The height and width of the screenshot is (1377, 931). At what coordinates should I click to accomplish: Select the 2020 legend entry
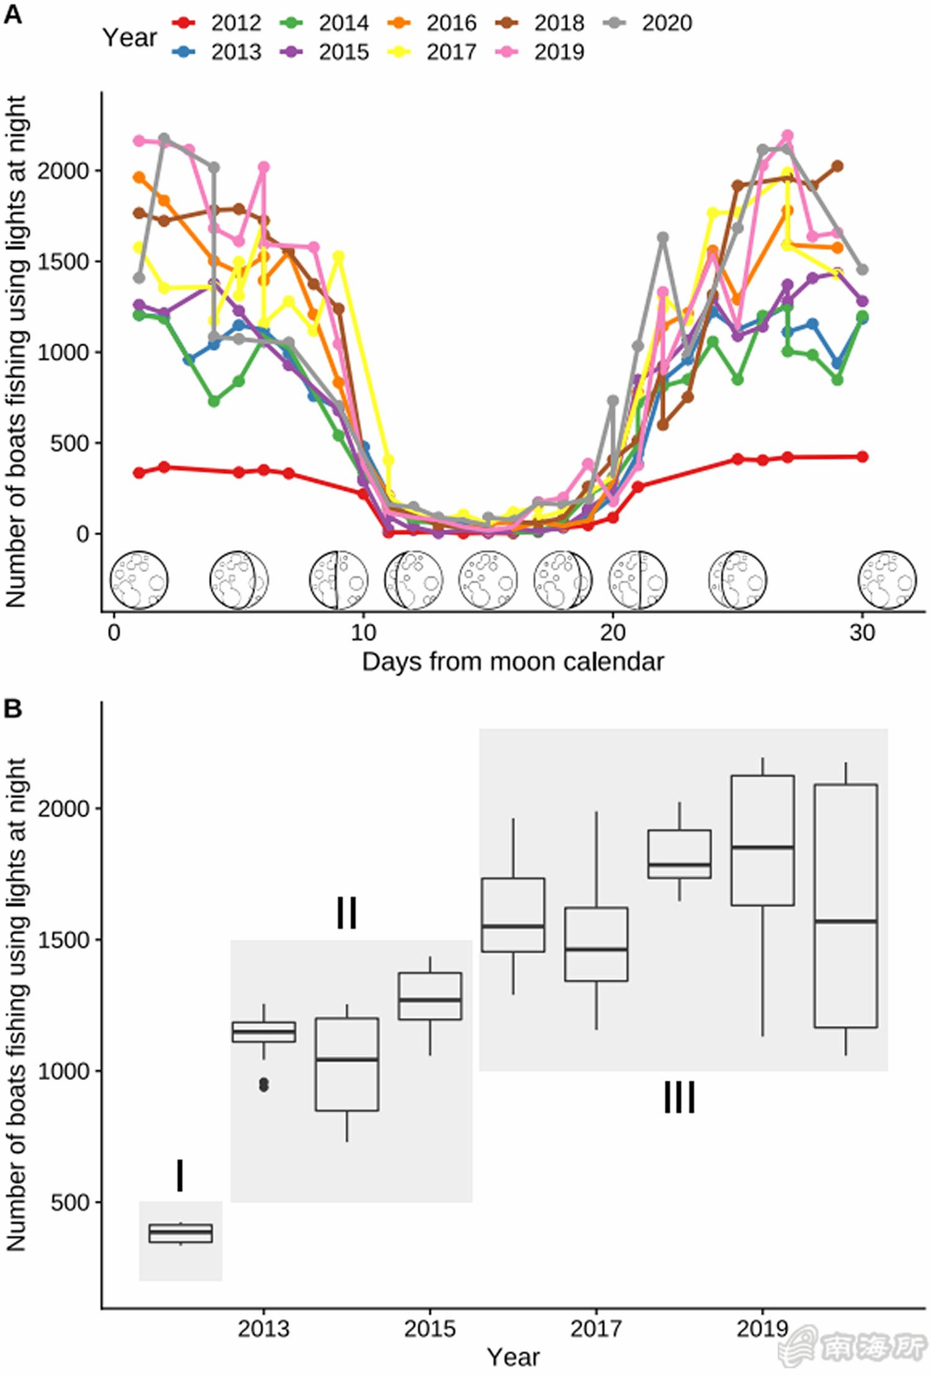tap(648, 23)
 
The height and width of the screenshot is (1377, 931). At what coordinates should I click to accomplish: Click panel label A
tap(13, 14)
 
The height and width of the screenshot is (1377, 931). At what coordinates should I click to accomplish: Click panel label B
tap(13, 708)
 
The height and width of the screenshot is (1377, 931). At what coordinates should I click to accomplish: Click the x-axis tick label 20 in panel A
tap(613, 633)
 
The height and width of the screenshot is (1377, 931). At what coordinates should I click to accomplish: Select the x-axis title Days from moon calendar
tap(513, 662)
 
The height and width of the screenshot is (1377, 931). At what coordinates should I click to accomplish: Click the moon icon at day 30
tap(887, 580)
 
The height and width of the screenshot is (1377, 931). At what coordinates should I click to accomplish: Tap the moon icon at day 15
tap(488, 580)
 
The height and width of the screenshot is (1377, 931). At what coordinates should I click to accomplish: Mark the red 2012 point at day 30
tap(862, 457)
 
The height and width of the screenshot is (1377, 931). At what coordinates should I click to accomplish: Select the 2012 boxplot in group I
tap(181, 1233)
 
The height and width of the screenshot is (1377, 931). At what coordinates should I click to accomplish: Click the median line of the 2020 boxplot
tap(845, 922)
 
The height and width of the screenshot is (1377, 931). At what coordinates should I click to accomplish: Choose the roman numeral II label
tap(346, 913)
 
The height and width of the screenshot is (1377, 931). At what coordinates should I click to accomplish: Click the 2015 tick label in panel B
tap(430, 1329)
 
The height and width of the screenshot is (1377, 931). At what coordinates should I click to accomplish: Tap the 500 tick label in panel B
tap(70, 1203)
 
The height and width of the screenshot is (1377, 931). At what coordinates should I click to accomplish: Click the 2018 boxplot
tap(680, 854)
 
